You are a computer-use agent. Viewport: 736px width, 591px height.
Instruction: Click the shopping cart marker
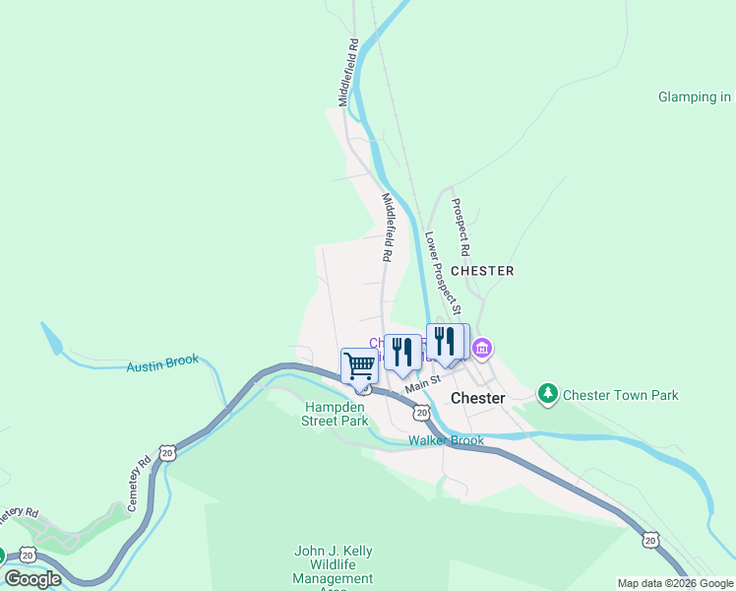360,365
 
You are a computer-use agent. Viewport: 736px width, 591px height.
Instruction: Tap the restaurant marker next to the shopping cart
402,351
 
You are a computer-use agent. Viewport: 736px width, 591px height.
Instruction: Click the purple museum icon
481,348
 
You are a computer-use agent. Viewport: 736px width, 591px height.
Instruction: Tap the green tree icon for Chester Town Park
548,394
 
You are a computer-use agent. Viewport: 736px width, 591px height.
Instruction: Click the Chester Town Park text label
620,395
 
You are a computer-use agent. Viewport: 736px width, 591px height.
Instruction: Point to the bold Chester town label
477,398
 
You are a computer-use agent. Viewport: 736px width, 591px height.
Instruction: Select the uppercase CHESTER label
482,270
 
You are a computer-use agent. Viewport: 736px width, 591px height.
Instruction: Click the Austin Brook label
162,366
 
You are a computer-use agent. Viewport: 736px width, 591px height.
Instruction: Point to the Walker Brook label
447,440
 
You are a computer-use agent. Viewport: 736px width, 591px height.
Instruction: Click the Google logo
32,579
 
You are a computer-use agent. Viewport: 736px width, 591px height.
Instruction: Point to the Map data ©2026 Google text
675,583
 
